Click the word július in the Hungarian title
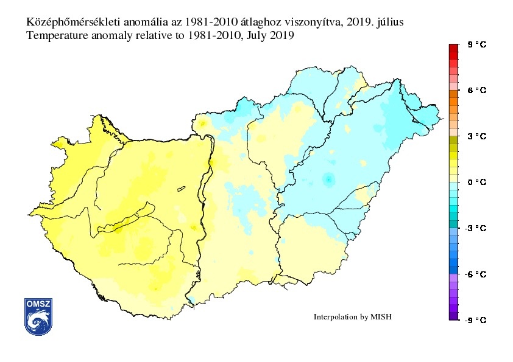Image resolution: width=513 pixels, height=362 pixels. (388, 22)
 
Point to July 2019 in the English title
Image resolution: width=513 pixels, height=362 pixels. (271, 36)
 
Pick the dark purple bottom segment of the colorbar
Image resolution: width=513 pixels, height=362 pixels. (453, 316)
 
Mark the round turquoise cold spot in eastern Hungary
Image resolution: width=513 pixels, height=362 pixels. (329, 179)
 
